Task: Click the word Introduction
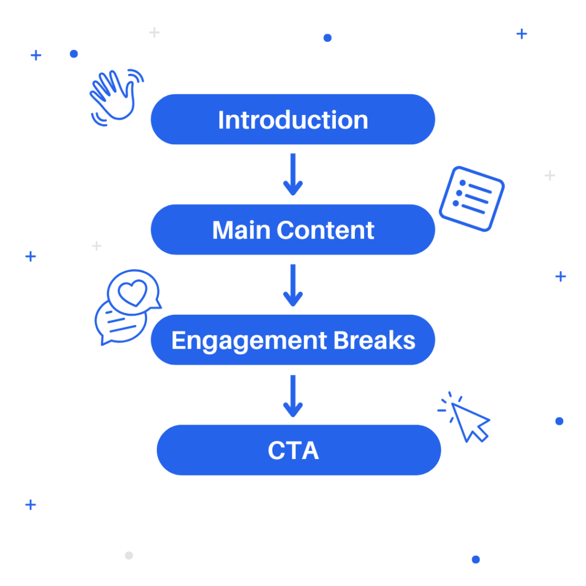[293, 120]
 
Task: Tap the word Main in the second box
[241, 230]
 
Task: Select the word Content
[326, 230]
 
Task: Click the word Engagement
[250, 341]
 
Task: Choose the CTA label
[294, 450]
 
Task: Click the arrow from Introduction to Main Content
[293, 174]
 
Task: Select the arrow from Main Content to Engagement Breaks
[293, 285]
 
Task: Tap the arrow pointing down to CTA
[293, 396]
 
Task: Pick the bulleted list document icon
[472, 199]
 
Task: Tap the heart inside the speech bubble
[133, 292]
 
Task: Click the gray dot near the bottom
[129, 555]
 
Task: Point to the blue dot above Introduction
[327, 38]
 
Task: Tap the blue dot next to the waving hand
[74, 54]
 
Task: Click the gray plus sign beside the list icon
[550, 175]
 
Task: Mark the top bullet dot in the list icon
[462, 183]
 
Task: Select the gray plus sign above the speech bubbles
[97, 246]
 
